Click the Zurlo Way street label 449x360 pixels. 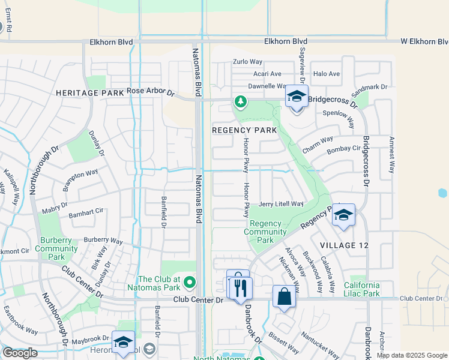(248, 62)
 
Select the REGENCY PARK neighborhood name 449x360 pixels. (244, 130)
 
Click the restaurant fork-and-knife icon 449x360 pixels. (241, 288)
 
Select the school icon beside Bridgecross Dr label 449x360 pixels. (297, 97)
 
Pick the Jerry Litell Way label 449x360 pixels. (281, 204)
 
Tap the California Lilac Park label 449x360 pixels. (361, 289)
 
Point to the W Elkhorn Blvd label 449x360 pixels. (426, 41)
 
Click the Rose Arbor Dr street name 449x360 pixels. (150, 92)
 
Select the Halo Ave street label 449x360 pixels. (327, 74)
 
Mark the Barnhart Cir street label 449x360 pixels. (86, 212)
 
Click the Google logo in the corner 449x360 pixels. (20, 353)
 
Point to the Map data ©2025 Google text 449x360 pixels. (411, 355)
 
